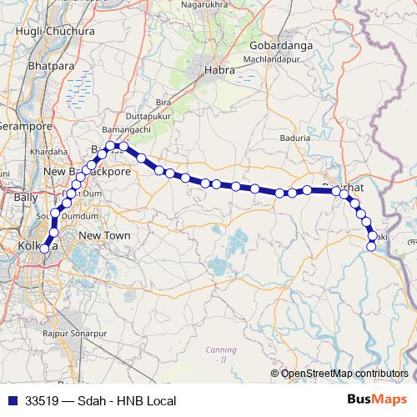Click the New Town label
click(104, 236)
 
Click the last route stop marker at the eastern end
click(371, 245)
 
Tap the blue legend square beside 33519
click(12, 401)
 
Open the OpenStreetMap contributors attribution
click(344, 373)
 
